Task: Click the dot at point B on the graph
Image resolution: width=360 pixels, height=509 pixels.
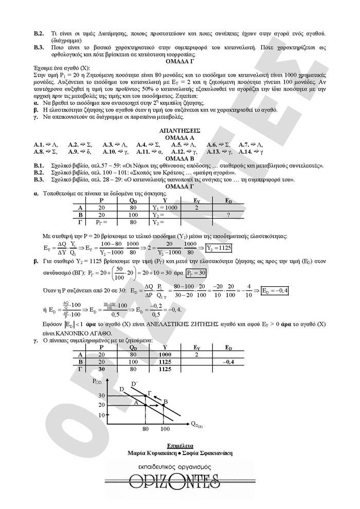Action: [164, 405]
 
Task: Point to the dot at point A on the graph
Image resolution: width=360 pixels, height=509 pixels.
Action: [146, 405]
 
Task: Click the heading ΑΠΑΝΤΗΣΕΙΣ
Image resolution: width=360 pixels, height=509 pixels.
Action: [180, 131]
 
